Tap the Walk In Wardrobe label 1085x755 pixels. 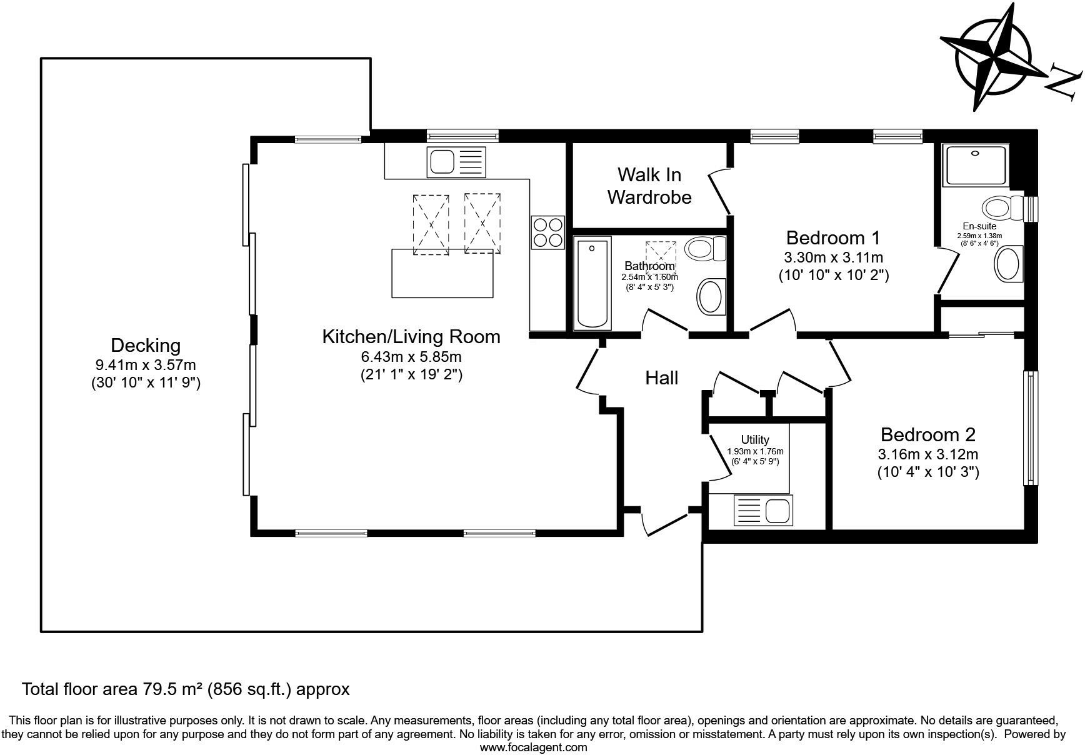[x=649, y=186]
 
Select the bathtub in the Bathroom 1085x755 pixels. [x=592, y=282]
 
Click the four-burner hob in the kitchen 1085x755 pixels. [x=547, y=232]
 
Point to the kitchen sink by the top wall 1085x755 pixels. [x=456, y=161]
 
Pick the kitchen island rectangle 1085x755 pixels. [x=442, y=273]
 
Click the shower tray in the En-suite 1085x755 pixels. [x=976, y=165]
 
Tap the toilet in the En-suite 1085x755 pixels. [x=1003, y=206]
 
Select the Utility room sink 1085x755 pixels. [x=762, y=510]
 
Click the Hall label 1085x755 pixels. [x=661, y=377]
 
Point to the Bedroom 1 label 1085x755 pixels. [x=833, y=237]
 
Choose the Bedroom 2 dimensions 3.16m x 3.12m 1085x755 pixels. [x=928, y=454]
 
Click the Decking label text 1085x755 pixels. [x=146, y=345]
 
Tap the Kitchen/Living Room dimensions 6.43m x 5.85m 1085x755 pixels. [x=411, y=357]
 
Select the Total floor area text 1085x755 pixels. [x=186, y=689]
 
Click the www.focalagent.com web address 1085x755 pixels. [x=533, y=747]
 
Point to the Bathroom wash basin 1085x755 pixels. [x=711, y=296]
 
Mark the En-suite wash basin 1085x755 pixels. [x=1008, y=265]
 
